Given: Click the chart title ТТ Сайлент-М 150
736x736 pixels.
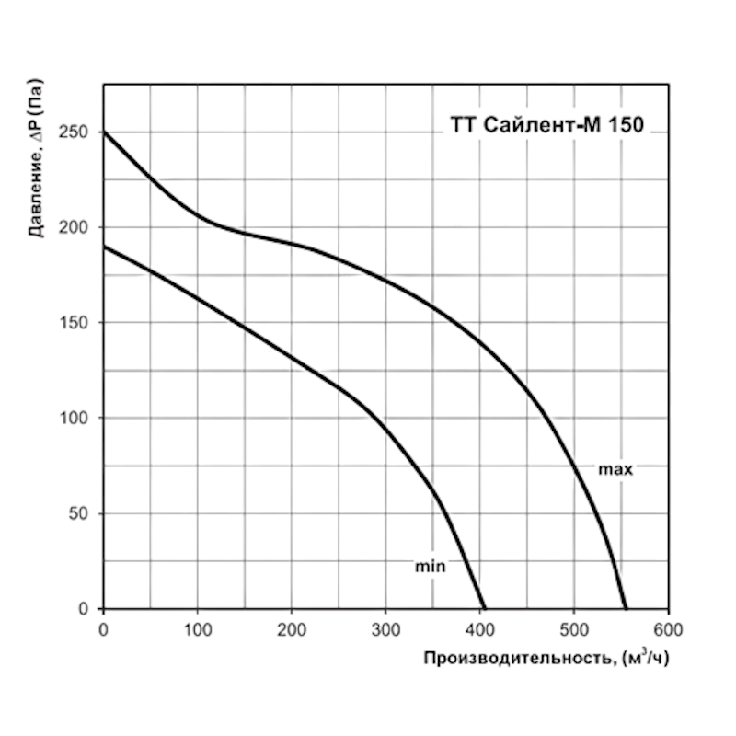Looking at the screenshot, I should pyautogui.click(x=546, y=127).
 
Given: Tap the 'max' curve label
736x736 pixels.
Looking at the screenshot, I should pyautogui.click(x=615, y=469).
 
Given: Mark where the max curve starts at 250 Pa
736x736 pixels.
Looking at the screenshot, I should pyautogui.click(x=103, y=132).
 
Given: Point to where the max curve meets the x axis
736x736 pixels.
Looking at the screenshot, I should pyautogui.click(x=626, y=608).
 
